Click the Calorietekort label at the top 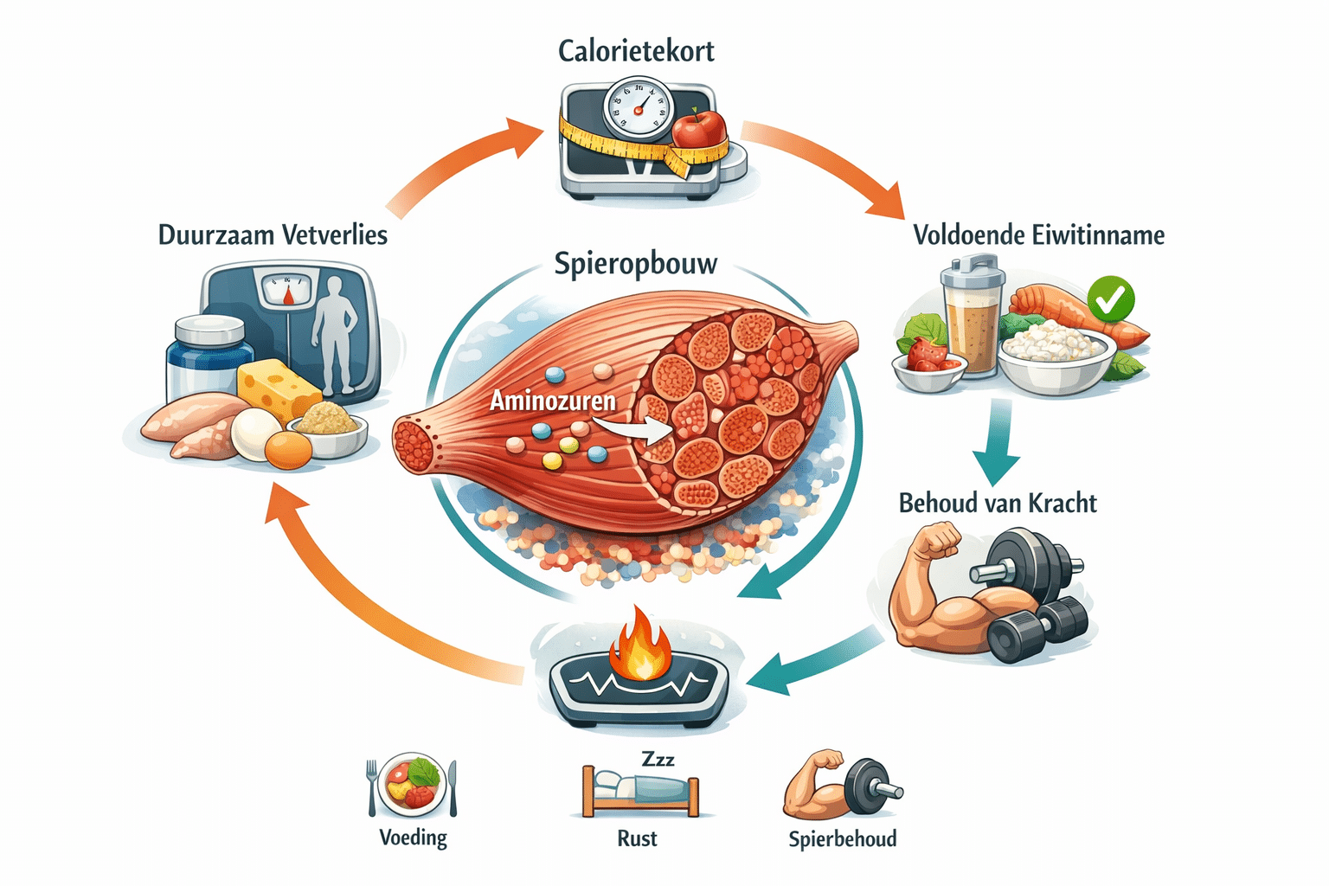pyautogui.click(x=636, y=51)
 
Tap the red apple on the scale pyautogui.click(x=699, y=130)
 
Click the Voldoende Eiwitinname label pyautogui.click(x=1038, y=235)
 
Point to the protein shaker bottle pyautogui.click(x=973, y=320)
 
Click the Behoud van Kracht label pyautogui.click(x=997, y=504)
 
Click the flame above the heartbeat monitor pyautogui.click(x=640, y=645)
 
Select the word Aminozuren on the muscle pyautogui.click(x=553, y=401)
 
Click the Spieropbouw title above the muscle pyautogui.click(x=636, y=263)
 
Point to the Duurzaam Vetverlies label pyautogui.click(x=273, y=235)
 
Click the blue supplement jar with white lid pyautogui.click(x=208, y=359)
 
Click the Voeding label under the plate pyautogui.click(x=413, y=838)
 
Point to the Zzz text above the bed pyautogui.click(x=658, y=759)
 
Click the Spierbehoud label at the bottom pyautogui.click(x=842, y=838)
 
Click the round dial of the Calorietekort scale pyautogui.click(x=638, y=108)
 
